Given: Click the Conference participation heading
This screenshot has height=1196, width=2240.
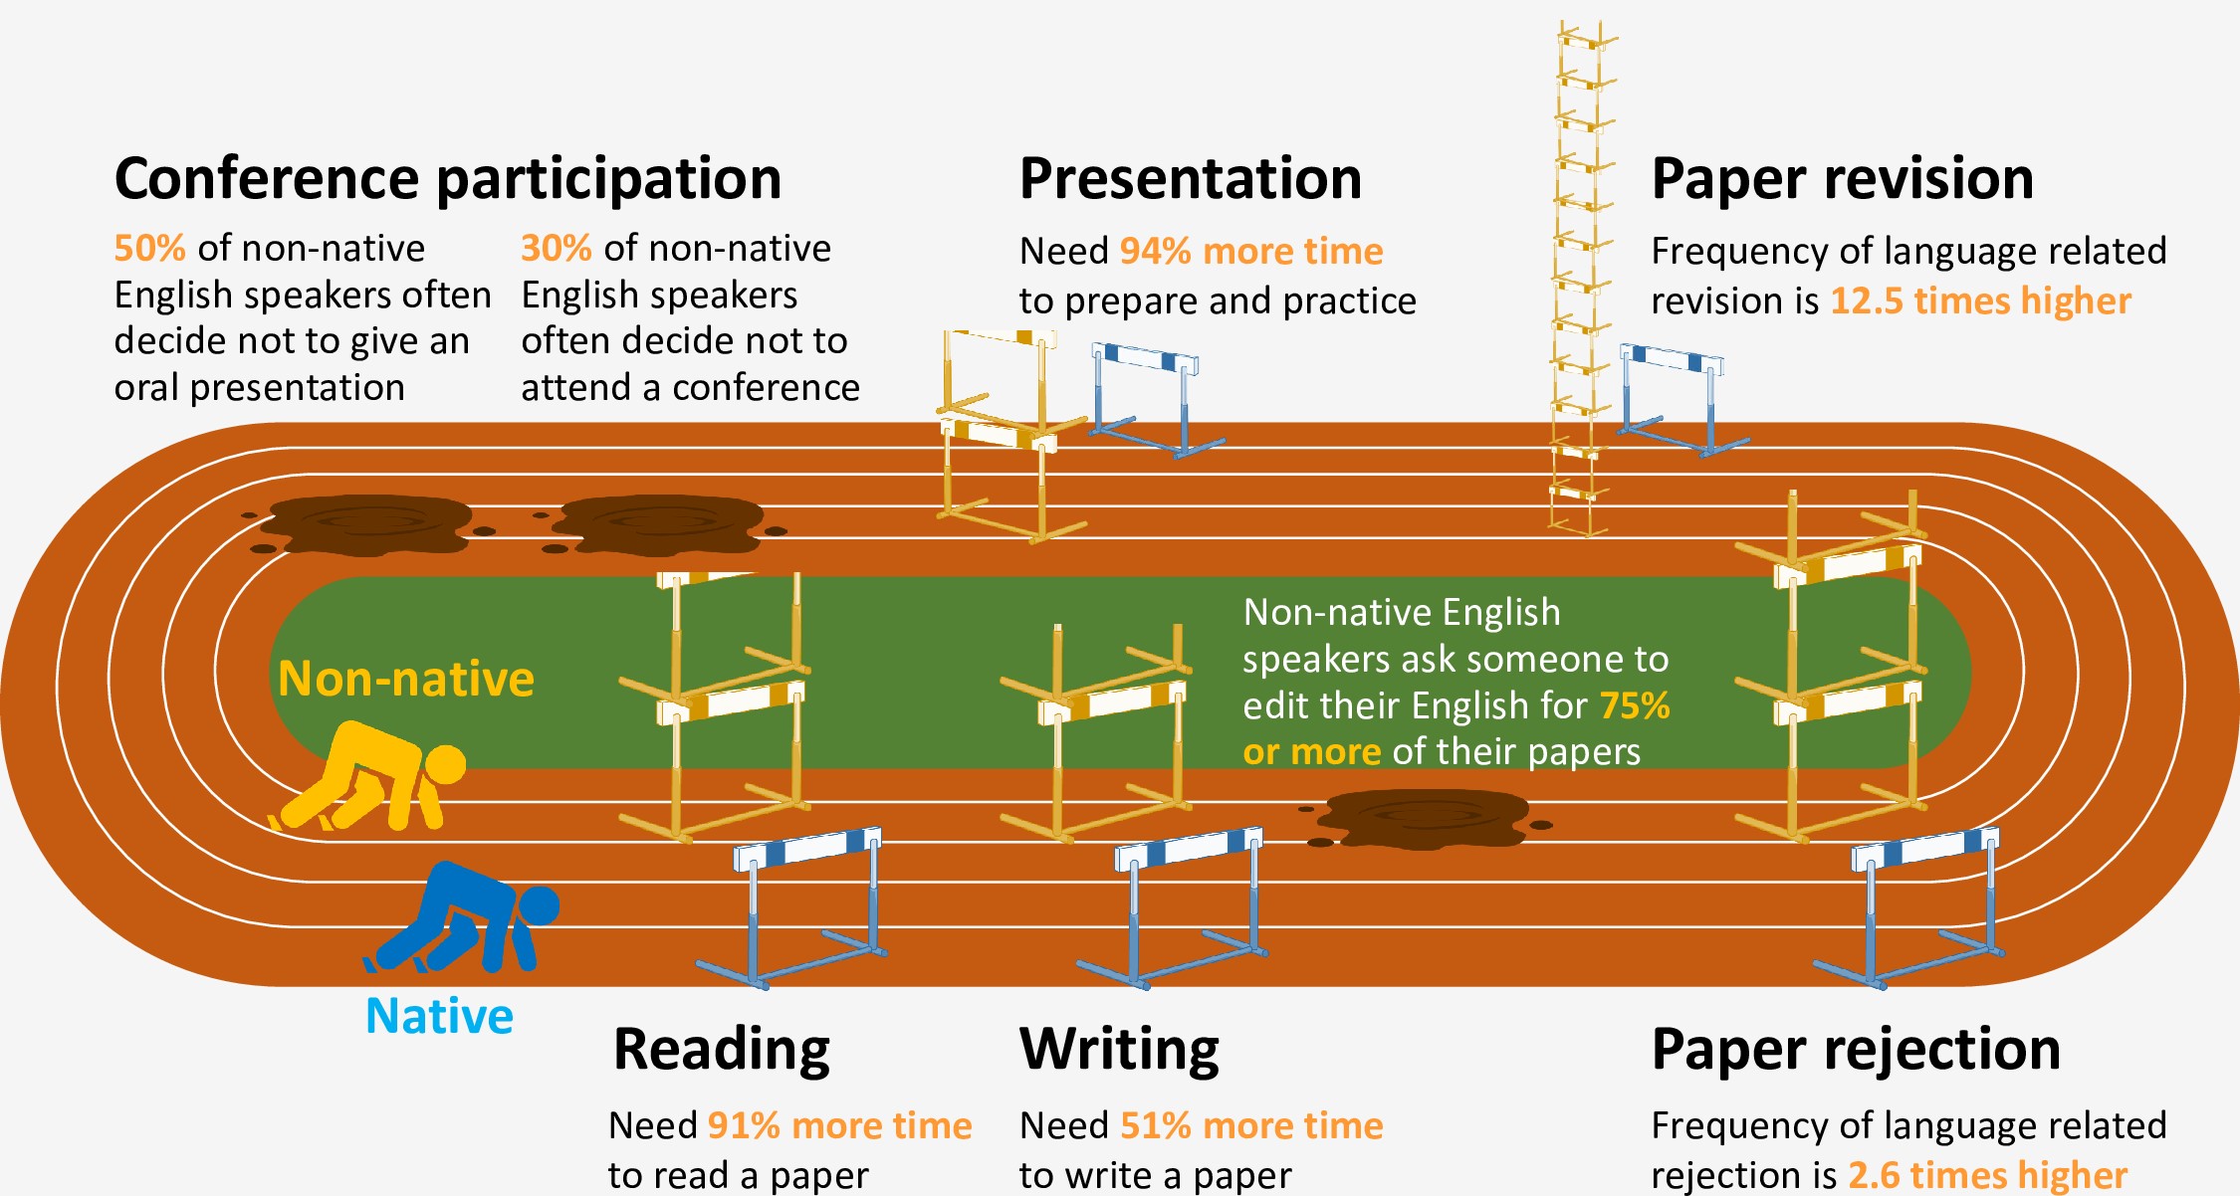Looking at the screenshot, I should [x=448, y=179].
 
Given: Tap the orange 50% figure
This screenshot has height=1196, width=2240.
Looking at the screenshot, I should [x=149, y=248].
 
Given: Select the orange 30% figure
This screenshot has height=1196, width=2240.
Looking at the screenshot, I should [x=557, y=248].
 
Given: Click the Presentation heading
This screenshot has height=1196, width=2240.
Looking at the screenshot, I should [x=1191, y=179].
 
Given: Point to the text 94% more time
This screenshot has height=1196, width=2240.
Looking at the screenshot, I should [x=1251, y=251].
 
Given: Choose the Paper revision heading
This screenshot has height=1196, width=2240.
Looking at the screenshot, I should [x=1842, y=179].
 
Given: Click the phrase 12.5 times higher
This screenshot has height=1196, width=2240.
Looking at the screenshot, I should [x=1980, y=300].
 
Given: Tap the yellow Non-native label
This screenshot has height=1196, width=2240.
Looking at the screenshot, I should [x=406, y=679].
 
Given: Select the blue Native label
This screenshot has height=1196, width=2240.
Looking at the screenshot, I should [x=439, y=1016].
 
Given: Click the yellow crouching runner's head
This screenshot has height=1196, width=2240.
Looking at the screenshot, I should [x=445, y=765].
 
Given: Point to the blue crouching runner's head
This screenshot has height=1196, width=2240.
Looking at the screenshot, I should [x=540, y=905].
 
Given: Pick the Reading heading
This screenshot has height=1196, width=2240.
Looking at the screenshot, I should [x=722, y=1049].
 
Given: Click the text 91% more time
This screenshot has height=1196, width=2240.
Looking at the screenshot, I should [x=839, y=1125].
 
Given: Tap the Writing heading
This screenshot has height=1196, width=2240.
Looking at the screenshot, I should [x=1119, y=1049].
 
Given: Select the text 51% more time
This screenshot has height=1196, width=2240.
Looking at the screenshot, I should [x=1251, y=1125].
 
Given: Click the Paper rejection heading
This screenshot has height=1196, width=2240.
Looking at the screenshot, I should [x=1856, y=1049].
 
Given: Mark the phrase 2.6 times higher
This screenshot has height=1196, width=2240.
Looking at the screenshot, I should [x=1987, y=1175].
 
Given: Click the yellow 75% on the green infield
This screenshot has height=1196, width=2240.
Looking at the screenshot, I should [x=1635, y=705].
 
